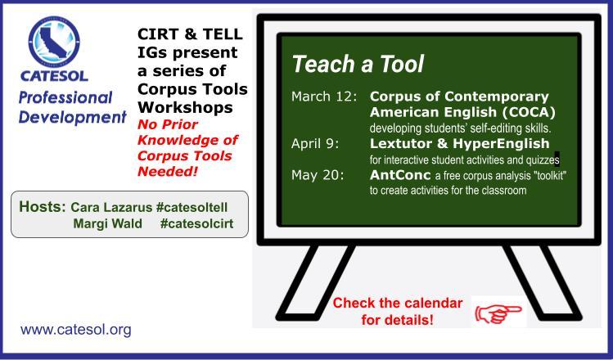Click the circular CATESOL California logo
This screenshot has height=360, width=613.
(x=54, y=42)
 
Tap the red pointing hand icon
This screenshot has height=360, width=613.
(x=498, y=313)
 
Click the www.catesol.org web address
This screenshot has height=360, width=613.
(x=76, y=330)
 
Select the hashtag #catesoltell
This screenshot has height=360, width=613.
(x=192, y=207)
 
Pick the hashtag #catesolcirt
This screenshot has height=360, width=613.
(x=196, y=223)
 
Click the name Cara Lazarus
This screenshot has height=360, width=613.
(x=111, y=207)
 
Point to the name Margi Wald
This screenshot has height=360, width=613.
(x=107, y=223)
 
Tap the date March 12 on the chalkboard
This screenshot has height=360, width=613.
(x=324, y=97)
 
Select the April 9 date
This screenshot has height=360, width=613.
(x=315, y=144)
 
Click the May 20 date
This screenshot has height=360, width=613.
(x=318, y=175)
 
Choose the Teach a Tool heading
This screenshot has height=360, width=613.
(x=358, y=64)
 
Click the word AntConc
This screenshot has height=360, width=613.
(x=400, y=175)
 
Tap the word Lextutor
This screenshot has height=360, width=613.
(x=401, y=143)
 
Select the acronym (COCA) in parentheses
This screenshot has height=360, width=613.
(x=529, y=113)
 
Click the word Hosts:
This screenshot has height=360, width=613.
(x=43, y=206)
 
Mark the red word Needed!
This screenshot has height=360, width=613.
(x=168, y=171)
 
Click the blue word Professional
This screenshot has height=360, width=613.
(x=65, y=97)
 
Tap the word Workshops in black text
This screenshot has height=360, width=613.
(x=185, y=107)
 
